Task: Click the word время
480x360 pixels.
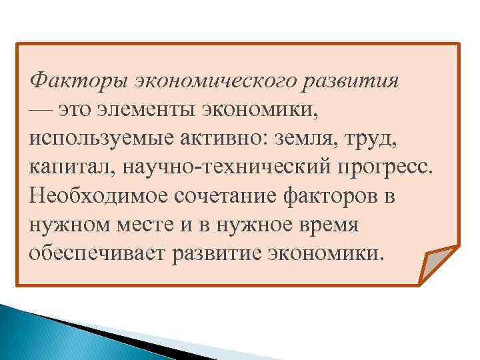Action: coord(328,225)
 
